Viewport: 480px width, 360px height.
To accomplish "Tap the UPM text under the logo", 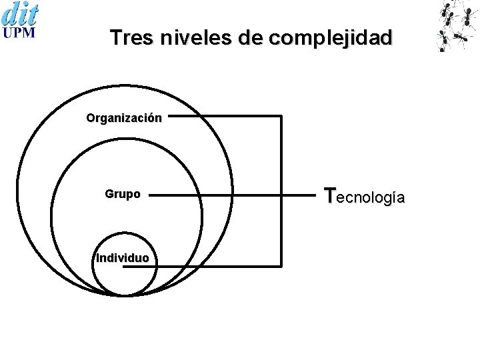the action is click(x=20, y=34).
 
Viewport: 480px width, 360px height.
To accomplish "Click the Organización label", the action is click(x=123, y=118).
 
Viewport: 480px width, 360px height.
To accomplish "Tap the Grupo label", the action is click(x=123, y=195).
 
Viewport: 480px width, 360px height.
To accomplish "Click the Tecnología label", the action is click(x=363, y=197).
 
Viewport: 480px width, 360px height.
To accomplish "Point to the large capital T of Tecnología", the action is click(x=329, y=195).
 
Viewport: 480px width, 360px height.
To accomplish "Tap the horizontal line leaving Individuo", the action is click(x=220, y=266).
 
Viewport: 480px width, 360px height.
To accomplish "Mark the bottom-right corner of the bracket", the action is click(x=281, y=266).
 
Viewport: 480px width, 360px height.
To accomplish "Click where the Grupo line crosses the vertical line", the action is click(x=281, y=196).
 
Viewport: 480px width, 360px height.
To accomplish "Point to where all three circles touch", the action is click(x=127, y=295).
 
